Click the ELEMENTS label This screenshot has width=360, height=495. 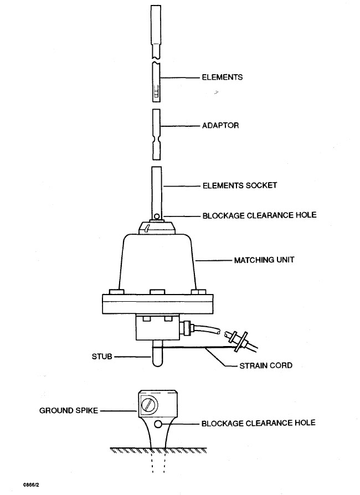click(222, 78)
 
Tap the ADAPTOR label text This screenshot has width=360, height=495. click(220, 126)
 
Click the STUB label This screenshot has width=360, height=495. click(101, 357)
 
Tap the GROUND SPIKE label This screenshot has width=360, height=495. click(68, 411)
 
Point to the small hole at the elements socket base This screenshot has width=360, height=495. click(157, 216)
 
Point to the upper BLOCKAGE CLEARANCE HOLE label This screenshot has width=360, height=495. click(259, 215)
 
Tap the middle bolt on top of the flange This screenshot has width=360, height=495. click(156, 291)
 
